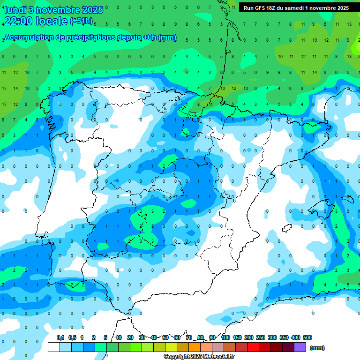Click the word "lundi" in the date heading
pos(15,10)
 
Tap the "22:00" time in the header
pos(18,21)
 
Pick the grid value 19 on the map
pos(314,40)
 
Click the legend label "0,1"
pos(60,337)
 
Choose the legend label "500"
pos(307,337)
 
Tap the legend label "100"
pos(225,337)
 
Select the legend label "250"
pos(261,337)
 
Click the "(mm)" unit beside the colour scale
pos(317,348)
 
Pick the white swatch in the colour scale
pos(54,347)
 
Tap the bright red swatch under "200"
pos(253,347)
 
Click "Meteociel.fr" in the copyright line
pos(219,357)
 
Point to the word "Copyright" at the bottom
pos(176,357)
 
